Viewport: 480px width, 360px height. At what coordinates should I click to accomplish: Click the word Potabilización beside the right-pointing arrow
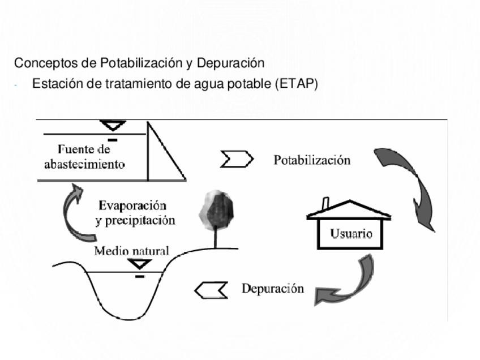(312, 160)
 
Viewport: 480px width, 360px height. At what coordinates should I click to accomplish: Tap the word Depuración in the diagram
(272, 289)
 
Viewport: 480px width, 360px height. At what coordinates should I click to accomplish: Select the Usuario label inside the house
(351, 234)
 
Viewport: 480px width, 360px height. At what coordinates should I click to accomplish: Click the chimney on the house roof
(326, 203)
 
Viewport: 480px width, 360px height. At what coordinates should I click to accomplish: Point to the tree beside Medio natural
(216, 213)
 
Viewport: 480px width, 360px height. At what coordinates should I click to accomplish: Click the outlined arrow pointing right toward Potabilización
(236, 160)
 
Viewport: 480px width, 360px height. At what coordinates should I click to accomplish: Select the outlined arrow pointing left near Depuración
(211, 290)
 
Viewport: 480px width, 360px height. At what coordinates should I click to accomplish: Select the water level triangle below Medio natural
(139, 264)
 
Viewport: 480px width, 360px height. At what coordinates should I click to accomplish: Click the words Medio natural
(131, 250)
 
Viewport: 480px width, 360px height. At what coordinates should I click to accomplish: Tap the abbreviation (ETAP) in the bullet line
(297, 84)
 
